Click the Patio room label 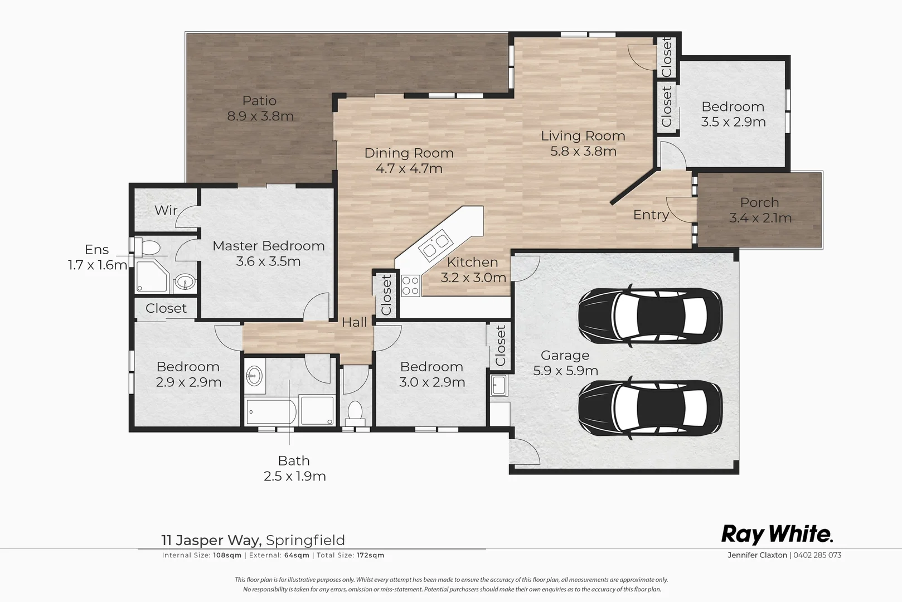click(x=259, y=101)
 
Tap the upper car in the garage click(x=649, y=315)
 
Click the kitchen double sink click(x=434, y=245)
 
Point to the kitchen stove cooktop click(x=410, y=286)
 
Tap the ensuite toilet click(x=150, y=246)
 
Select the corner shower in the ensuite click(x=151, y=276)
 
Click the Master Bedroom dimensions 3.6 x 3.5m click(x=268, y=261)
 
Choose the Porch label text click(x=759, y=203)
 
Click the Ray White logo click(x=777, y=534)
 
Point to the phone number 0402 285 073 click(x=817, y=555)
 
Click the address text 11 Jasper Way click(x=211, y=540)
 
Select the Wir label click(x=166, y=210)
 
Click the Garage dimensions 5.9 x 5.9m click(x=565, y=371)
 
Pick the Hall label click(x=355, y=322)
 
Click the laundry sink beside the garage click(x=499, y=385)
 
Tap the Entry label click(x=651, y=215)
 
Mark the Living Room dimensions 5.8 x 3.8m click(x=583, y=152)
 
